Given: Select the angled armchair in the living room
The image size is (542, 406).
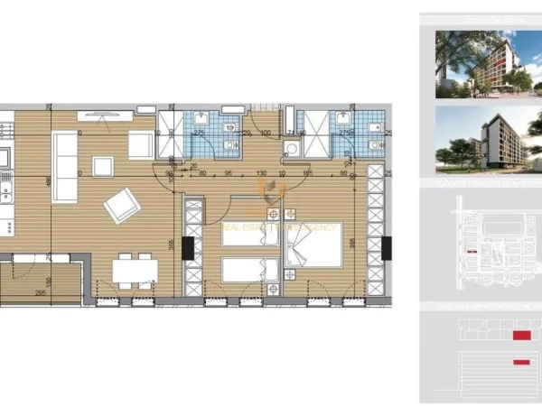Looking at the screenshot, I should tap(120, 208).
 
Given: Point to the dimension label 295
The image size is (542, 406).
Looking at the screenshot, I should tap(41, 292).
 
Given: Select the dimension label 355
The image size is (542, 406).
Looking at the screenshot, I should tap(170, 243).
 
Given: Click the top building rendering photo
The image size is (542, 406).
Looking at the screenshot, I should tap(476, 64).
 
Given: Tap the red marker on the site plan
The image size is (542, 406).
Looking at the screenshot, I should tap(471, 250).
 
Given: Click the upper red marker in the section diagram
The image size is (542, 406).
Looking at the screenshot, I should tap(520, 335).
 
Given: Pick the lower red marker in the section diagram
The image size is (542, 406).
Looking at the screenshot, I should tap(520, 362).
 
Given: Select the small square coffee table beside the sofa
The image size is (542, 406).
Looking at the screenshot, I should tap(102, 167).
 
